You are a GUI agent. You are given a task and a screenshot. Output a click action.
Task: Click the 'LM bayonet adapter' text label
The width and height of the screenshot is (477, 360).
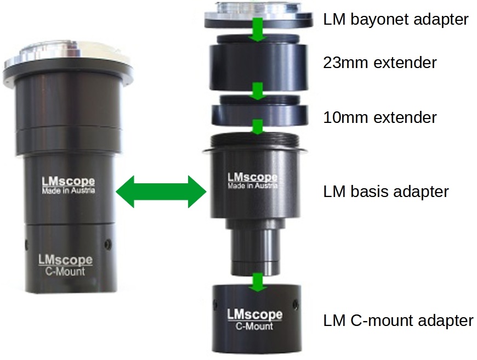(396, 20)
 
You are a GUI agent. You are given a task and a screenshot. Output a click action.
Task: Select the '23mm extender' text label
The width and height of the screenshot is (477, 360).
(380, 63)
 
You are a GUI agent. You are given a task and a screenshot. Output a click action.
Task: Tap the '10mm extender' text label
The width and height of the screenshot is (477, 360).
(380, 117)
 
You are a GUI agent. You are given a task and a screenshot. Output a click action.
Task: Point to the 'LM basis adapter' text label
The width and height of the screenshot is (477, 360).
(386, 192)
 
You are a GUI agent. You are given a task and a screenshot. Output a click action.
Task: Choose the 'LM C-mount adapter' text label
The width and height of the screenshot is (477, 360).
(398, 320)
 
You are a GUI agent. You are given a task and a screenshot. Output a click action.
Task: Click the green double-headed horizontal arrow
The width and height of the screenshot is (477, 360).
(161, 192)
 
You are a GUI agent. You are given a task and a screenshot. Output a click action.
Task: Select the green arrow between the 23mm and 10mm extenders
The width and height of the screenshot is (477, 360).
(254, 91)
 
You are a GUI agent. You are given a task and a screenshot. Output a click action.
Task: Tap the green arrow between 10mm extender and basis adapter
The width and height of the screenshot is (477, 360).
(254, 127)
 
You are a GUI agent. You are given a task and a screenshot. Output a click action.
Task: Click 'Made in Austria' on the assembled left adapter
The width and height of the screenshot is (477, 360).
(69, 191)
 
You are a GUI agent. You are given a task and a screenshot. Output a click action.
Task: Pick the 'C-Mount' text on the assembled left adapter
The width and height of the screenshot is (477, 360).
(65, 271)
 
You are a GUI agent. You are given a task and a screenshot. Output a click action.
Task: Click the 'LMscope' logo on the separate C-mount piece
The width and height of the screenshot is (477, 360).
(254, 315)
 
